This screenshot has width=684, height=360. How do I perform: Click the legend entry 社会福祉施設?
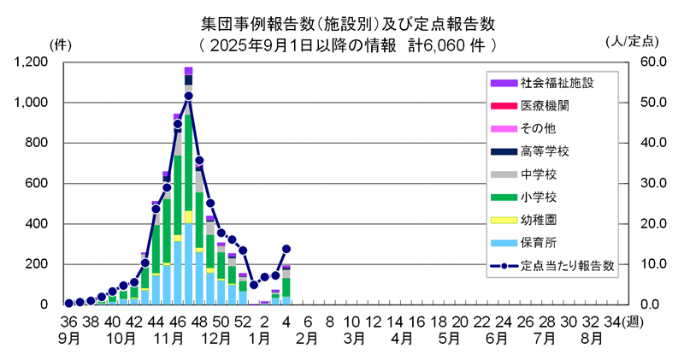tap(556, 83)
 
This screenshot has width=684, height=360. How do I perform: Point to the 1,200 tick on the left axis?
tap(31, 62)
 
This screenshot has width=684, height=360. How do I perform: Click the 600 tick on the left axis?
tap(36, 183)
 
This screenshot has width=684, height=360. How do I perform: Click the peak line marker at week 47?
tap(188, 96)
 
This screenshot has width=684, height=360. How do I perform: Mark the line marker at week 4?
tap(286, 249)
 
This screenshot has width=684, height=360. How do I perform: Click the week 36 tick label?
tap(69, 321)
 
